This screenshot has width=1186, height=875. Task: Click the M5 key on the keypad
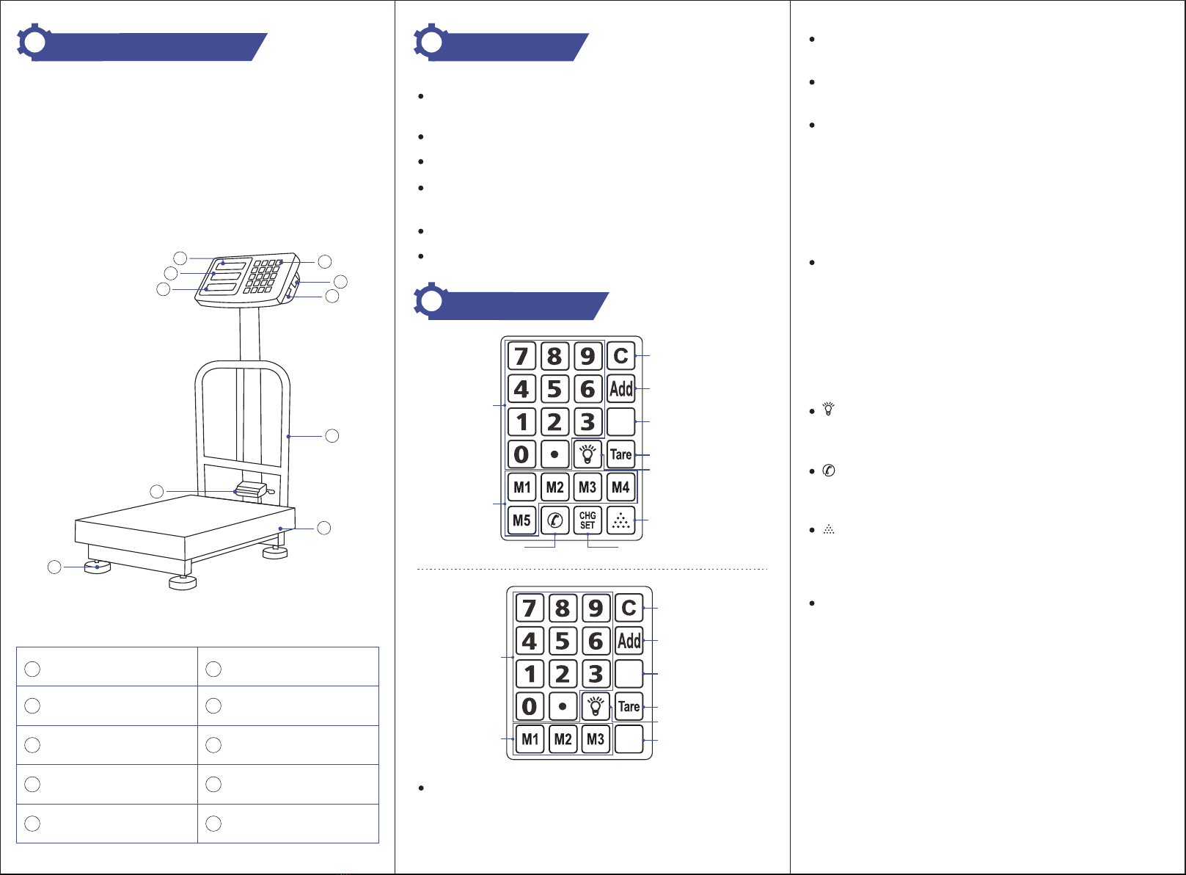tap(521, 520)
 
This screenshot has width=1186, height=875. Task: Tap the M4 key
tap(621, 487)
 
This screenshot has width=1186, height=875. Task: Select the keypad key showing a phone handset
tap(555, 520)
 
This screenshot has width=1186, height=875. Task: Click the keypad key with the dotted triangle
tap(621, 520)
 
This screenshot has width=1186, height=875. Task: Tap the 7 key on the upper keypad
tap(521, 355)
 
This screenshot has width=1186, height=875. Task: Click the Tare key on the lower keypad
tap(629, 706)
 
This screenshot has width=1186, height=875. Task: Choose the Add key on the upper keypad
tap(621, 388)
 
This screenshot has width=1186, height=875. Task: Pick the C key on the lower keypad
tap(629, 608)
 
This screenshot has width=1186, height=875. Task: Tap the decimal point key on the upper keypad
tap(555, 454)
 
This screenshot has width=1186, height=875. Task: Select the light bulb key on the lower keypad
tap(596, 706)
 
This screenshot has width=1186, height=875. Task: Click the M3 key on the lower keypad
tap(596, 738)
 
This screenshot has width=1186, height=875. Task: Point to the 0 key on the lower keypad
tap(530, 706)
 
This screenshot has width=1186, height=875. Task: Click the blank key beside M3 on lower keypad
tap(629, 738)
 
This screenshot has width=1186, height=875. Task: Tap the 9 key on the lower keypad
tap(596, 608)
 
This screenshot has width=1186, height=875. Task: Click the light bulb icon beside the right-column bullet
tap(829, 409)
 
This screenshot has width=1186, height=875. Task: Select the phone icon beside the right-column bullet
tap(829, 470)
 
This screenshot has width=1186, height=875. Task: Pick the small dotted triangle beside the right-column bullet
tap(829, 529)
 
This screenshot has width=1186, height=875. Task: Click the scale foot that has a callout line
tap(98, 567)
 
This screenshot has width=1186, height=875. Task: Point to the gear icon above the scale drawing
tap(35, 42)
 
